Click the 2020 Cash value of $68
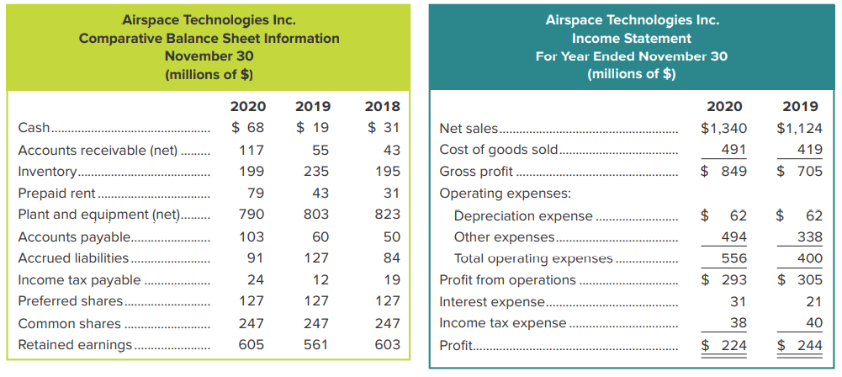tap(248, 128)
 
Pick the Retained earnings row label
tap(75, 344)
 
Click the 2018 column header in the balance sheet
tap(382, 107)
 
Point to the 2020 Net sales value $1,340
tap(723, 129)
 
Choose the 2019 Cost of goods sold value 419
tap(808, 150)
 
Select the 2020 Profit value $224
tap(723, 344)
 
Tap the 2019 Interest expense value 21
tap(812, 301)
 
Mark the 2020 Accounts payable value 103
tap(252, 236)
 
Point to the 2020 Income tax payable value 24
tap(255, 279)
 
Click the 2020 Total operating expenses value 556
tap(734, 258)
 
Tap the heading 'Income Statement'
tap(632, 38)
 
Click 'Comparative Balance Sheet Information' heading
tap(209, 38)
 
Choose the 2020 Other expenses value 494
tap(734, 236)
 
